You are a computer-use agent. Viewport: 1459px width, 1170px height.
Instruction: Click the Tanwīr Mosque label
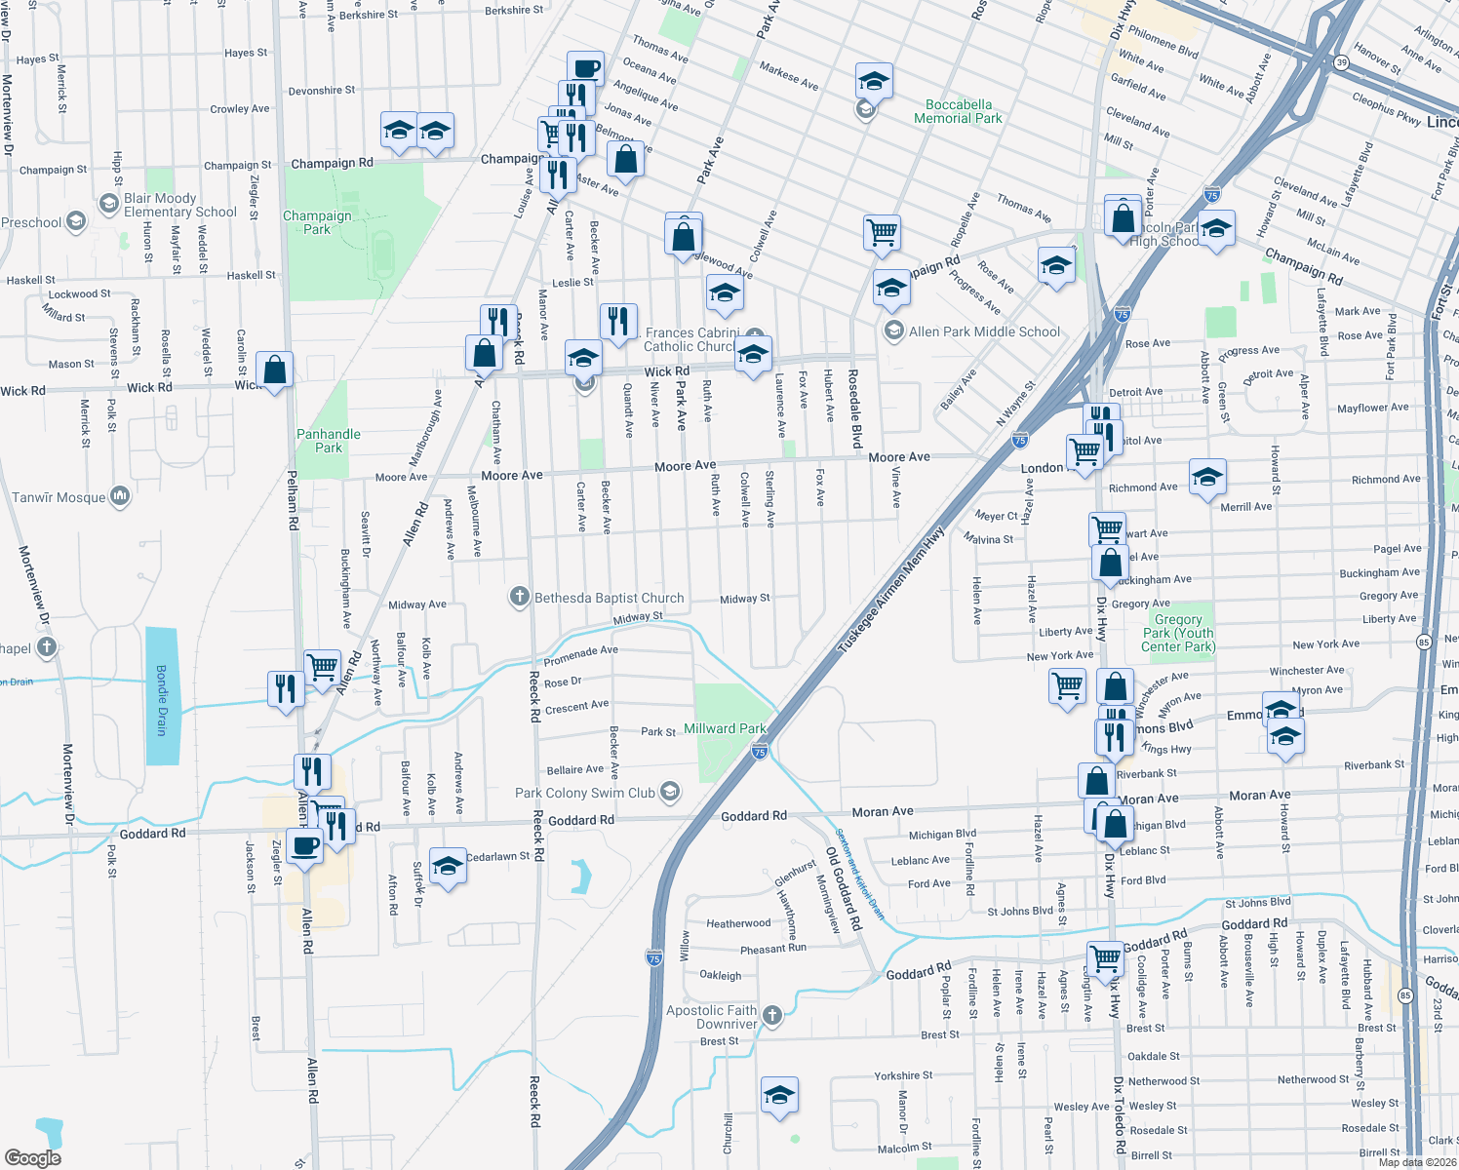pos(59,497)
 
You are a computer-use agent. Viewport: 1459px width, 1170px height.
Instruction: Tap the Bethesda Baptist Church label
pos(609,598)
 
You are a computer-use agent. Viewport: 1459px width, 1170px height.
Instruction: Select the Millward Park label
pos(725,728)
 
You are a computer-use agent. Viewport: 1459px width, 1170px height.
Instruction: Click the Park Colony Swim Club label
pos(585,793)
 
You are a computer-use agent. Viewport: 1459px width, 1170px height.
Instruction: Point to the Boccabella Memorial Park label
pos(958,111)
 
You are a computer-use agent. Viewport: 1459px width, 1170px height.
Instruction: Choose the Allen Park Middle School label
pos(984,331)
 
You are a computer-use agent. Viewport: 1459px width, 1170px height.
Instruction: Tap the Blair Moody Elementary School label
pos(179,205)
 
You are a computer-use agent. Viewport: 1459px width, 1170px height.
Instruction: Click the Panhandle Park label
pos(329,441)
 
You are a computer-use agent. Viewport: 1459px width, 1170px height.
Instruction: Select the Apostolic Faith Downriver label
pos(712,1017)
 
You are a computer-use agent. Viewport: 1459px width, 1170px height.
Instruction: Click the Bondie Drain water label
pos(162,700)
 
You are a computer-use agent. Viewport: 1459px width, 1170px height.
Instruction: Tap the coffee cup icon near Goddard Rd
pos(304,846)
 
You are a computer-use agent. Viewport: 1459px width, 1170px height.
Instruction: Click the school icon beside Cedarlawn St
pos(448,866)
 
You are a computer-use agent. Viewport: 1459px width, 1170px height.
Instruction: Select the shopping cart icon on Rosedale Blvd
pos(882,233)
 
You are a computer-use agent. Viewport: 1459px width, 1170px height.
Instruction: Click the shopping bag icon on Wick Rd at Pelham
pos(275,370)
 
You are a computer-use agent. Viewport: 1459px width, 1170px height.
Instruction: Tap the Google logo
pos(32,1157)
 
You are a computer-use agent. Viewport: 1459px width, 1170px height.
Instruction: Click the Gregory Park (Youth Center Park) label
pos(1178,633)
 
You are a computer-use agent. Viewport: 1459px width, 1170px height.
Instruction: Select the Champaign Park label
pos(317,222)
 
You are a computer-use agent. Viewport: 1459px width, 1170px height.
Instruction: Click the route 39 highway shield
pos(1342,62)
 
